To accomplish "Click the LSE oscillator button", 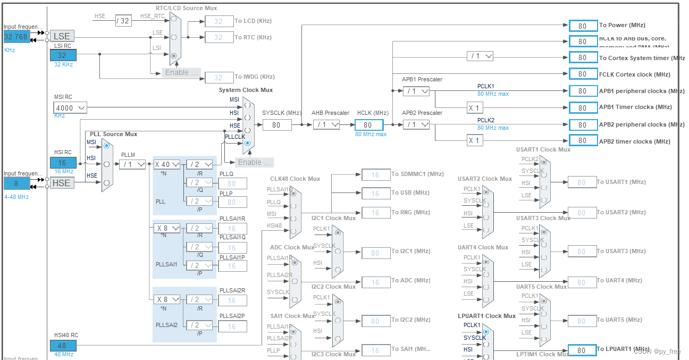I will (x=62, y=36).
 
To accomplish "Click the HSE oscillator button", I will (x=62, y=183).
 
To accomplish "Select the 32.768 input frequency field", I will (x=17, y=37).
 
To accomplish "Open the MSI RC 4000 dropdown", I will (x=70, y=108).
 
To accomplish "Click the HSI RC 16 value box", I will (x=63, y=163).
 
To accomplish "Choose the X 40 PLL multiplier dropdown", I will (x=167, y=164).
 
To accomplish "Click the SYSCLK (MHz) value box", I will (x=276, y=125).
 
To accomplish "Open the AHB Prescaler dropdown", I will (x=326, y=125).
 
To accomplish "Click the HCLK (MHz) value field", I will (x=368, y=125).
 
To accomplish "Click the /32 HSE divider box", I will (x=123, y=21).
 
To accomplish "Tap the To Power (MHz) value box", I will (x=583, y=26).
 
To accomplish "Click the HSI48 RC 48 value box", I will (x=63, y=346).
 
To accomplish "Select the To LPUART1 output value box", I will (x=583, y=350).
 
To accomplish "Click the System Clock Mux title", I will (x=246, y=90).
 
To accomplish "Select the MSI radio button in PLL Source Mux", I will (x=107, y=145).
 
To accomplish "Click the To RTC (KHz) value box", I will (x=219, y=37).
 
